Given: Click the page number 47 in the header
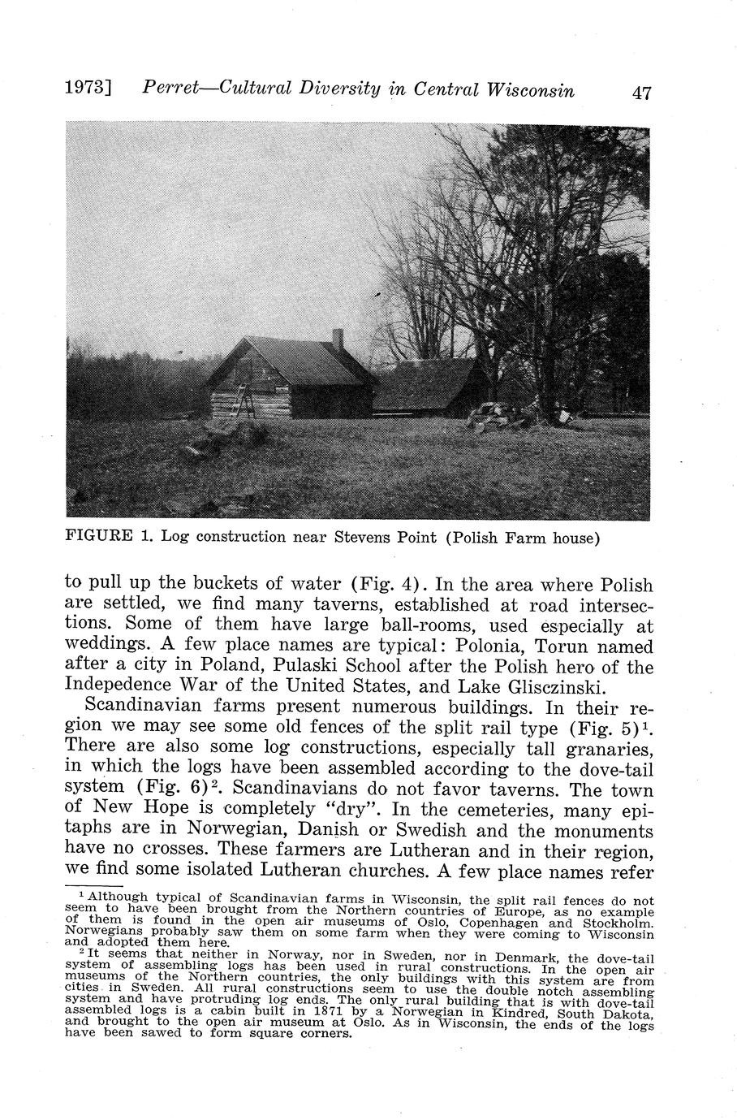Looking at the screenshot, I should [641, 92].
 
